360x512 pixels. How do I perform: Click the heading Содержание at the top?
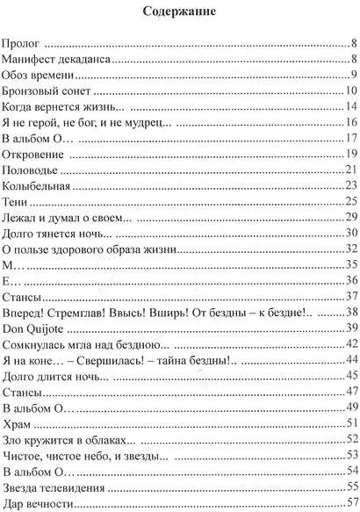click(179, 12)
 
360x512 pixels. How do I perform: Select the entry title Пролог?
click(23, 42)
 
